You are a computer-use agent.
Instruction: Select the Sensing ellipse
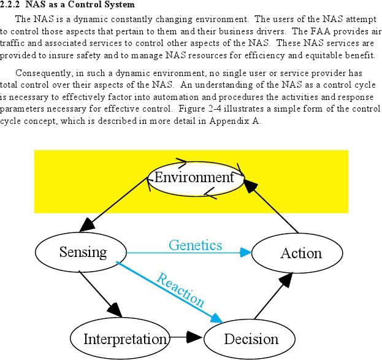tap(81, 252)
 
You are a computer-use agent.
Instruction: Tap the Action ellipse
tap(297, 253)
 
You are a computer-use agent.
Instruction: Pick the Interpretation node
tap(120, 339)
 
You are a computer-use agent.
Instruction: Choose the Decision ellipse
tap(250, 339)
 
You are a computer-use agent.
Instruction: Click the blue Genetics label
tap(196, 245)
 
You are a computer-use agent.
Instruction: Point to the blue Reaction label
tap(180, 290)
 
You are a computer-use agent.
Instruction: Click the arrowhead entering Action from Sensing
tap(245, 253)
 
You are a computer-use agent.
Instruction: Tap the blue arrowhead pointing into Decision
tap(217, 318)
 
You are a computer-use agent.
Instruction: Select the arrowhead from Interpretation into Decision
tap(194, 337)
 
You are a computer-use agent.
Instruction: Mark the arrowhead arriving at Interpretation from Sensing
tap(115, 310)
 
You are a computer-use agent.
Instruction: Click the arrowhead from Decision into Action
tap(286, 280)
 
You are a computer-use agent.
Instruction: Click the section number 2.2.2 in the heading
tap(9, 4)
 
